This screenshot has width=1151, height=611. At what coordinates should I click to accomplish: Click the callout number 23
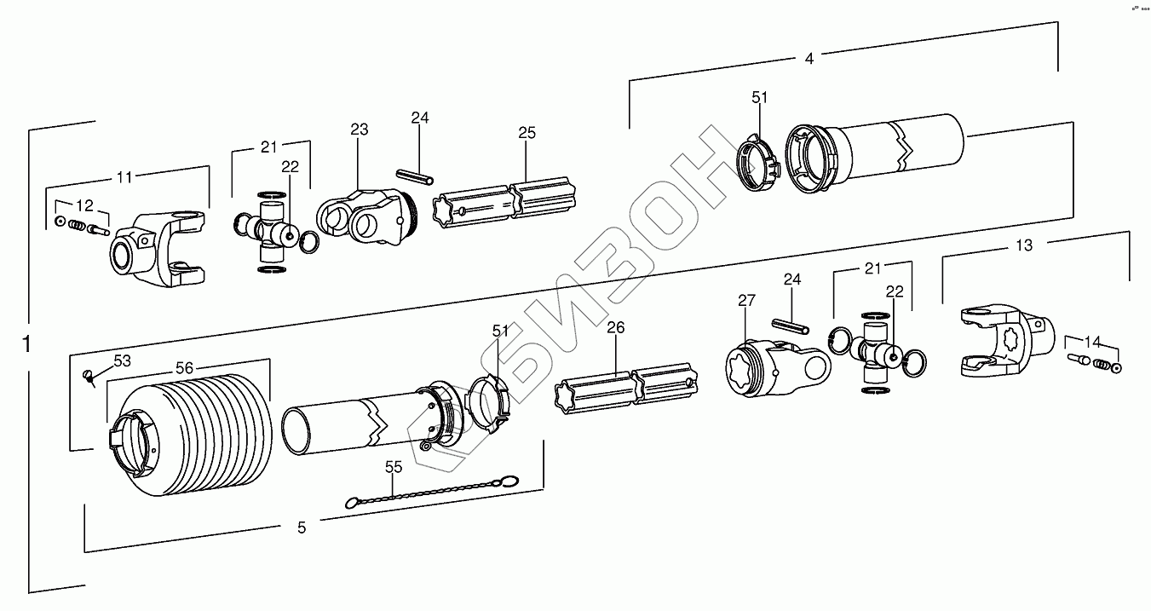point(360,130)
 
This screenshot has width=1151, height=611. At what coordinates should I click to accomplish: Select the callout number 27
point(746,300)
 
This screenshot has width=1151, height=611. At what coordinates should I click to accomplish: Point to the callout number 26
point(616,327)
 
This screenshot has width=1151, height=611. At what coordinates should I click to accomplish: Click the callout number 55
point(393,466)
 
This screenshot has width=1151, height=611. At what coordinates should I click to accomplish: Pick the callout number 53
point(123,360)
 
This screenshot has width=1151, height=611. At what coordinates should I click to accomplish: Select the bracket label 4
point(809,58)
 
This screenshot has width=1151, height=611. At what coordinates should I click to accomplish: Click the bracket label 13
point(1024,245)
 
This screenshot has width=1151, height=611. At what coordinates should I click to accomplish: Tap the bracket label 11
point(124,177)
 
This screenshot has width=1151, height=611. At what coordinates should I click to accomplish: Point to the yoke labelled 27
point(771,366)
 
